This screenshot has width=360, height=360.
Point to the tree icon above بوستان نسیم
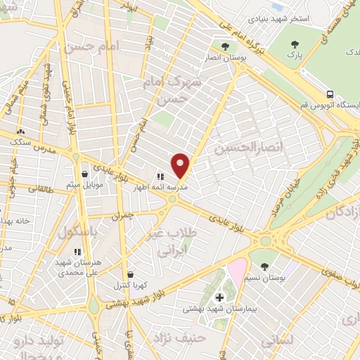[264, 266]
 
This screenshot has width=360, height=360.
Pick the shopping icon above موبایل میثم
[84, 174]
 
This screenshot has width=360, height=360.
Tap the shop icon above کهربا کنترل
[129, 274]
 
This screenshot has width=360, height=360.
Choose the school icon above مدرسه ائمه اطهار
[160, 177]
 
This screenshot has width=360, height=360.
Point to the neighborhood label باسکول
[77, 231]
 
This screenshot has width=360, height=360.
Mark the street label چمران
[122, 217]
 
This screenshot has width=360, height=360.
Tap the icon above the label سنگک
[20, 131]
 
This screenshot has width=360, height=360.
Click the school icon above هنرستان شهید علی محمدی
[77, 251]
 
